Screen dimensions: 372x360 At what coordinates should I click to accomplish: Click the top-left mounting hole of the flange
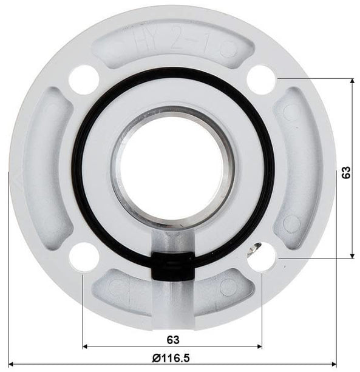tap(84, 79)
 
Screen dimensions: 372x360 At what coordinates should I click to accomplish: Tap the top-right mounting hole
tap(262, 79)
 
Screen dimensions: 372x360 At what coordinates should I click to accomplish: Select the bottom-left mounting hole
tap(84, 257)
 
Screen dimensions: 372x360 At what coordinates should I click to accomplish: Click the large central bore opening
tap(172, 166)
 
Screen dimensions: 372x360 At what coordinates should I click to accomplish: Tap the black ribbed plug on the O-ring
tap(172, 266)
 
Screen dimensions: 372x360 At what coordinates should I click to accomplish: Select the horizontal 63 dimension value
tap(172, 338)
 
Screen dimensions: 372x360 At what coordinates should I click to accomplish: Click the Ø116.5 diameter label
tap(172, 358)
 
